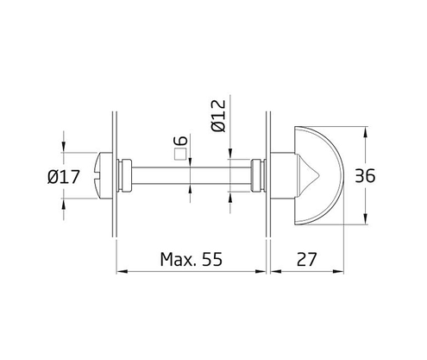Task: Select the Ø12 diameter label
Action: point(218,115)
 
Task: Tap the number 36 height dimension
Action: point(366,177)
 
